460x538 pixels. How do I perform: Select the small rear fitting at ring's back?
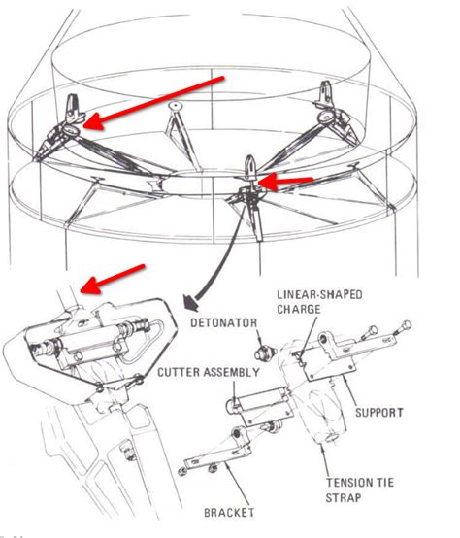coord(174,104)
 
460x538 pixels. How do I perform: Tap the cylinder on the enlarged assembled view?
coord(97,342)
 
